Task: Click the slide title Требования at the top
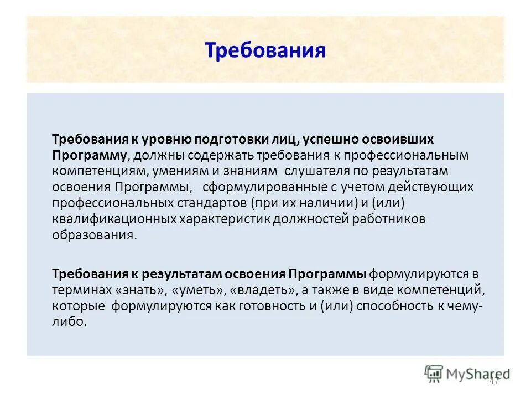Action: [265, 50]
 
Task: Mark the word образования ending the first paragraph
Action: [93, 235]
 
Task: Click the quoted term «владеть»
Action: [257, 289]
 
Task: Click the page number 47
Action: [494, 381]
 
